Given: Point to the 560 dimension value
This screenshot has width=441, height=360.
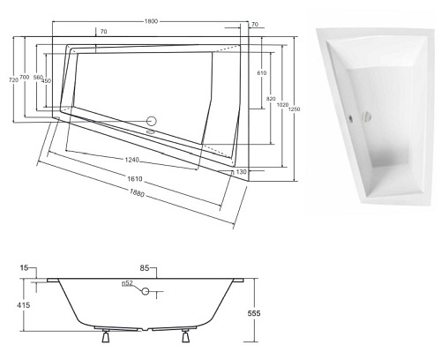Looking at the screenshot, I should point(38,80).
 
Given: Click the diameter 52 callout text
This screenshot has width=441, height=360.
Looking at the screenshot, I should point(128,284).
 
